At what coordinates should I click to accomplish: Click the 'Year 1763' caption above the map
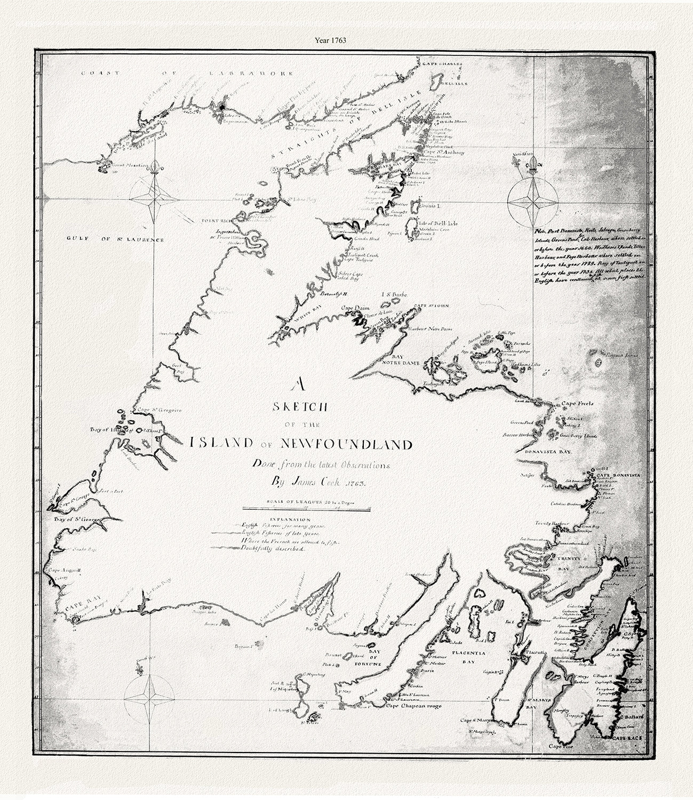[346, 39]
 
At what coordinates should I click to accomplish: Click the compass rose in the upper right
[530, 201]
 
